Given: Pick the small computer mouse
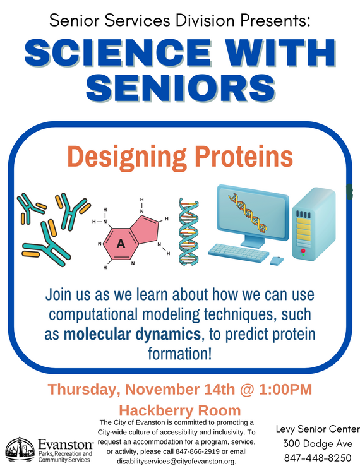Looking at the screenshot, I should tap(277, 260).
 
